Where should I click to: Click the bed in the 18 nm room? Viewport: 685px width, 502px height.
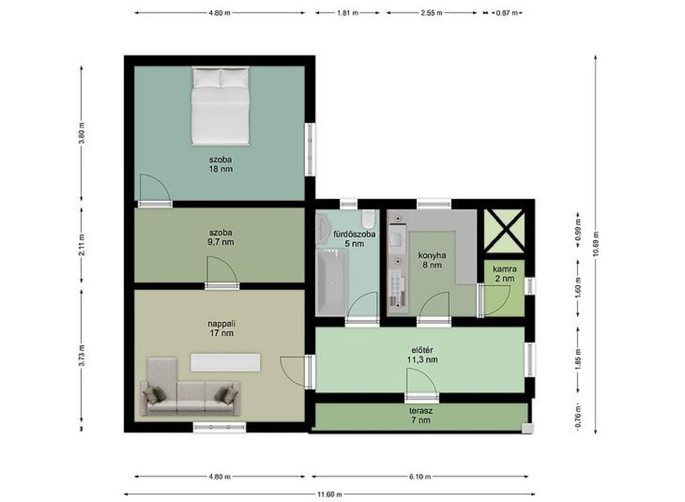click(x=220, y=105)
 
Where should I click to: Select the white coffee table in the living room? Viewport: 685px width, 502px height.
click(x=225, y=363)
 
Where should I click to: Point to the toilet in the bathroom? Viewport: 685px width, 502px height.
click(x=369, y=219)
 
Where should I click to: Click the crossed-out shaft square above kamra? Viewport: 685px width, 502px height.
click(x=504, y=230)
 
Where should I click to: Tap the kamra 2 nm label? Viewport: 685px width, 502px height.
click(x=504, y=274)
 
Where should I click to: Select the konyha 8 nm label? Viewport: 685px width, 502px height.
click(x=432, y=260)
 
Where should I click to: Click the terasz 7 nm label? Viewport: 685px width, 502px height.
click(x=421, y=416)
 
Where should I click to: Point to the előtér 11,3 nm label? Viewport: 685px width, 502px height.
click(x=422, y=355)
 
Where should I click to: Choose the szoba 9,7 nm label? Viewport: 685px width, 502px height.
click(x=221, y=238)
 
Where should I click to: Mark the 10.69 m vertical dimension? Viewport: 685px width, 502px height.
click(x=596, y=245)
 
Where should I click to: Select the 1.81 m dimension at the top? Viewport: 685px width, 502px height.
click(x=347, y=13)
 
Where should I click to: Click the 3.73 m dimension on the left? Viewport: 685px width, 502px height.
click(x=82, y=356)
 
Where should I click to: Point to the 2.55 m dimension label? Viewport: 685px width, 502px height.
click(x=431, y=13)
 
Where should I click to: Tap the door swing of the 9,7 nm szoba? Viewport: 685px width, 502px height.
click(x=222, y=270)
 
